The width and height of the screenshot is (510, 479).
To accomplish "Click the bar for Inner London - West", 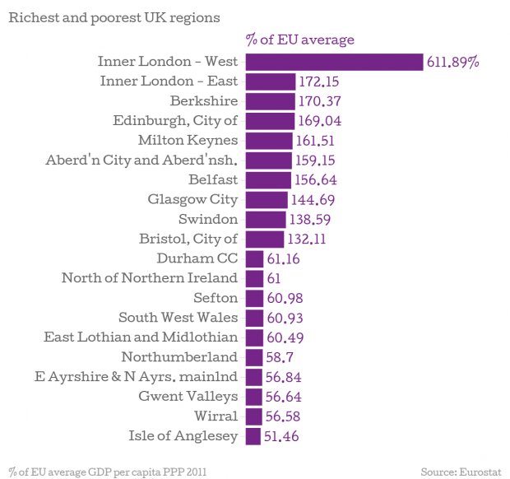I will coord(335,62).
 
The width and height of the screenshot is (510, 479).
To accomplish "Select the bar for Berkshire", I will coord(270,101).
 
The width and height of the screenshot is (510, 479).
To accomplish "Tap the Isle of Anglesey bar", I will coord(253,436).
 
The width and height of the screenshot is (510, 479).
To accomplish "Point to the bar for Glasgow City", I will coord(267,199).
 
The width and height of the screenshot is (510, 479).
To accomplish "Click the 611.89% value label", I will coord(452,62).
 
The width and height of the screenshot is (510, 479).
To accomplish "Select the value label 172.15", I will coord(318,81).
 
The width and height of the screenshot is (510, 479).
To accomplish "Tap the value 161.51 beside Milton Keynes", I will coord(315,141).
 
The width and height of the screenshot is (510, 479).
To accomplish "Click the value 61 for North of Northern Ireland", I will coord(274,278).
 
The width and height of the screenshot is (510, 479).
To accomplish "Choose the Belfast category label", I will coord(213,179).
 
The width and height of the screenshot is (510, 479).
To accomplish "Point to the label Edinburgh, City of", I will coord(175,121).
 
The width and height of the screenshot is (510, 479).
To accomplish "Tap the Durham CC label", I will coord(197,258).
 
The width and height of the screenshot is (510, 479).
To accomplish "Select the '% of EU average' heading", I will coord(299,40).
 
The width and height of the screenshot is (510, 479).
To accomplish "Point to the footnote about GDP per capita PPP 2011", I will coord(107,472).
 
